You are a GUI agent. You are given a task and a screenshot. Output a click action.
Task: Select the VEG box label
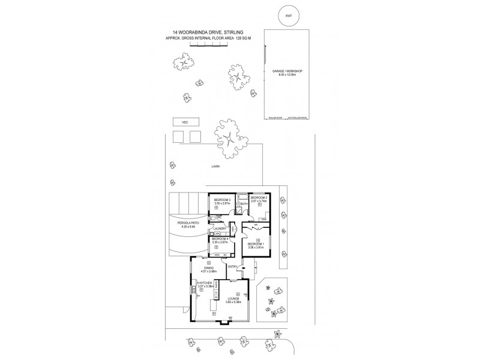[x=177, y=122]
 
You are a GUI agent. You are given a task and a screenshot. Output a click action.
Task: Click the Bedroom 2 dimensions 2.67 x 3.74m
[x=259, y=202]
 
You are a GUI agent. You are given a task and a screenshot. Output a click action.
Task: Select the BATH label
[x=244, y=204]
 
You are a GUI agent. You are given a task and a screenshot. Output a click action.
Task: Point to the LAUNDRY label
[x=219, y=229]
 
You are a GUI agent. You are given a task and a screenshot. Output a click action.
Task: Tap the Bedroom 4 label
[x=220, y=239]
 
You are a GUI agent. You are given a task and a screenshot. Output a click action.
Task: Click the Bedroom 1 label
[x=256, y=243]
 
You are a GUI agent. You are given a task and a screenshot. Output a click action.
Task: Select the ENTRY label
[x=232, y=266]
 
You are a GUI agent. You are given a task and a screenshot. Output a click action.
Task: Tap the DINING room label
[x=208, y=268]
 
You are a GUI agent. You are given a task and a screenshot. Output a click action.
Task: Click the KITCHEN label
[x=205, y=283]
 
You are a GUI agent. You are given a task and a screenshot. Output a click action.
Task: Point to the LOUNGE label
[x=233, y=298]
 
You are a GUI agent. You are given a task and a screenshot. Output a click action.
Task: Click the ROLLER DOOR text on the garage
[x=275, y=118]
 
